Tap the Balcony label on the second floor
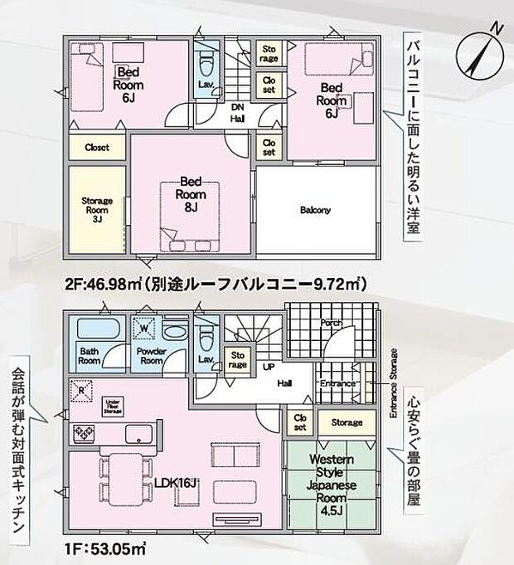pyautogui.click(x=315, y=210)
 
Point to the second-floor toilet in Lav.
pyautogui.click(x=208, y=61)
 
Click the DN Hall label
pyautogui.click(x=237, y=113)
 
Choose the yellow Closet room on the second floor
pyautogui.click(x=97, y=147)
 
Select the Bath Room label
pyautogui.click(x=90, y=356)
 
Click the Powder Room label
pyautogui.click(x=150, y=356)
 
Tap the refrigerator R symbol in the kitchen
pyautogui.click(x=81, y=389)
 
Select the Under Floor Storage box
pyautogui.click(x=114, y=406)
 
